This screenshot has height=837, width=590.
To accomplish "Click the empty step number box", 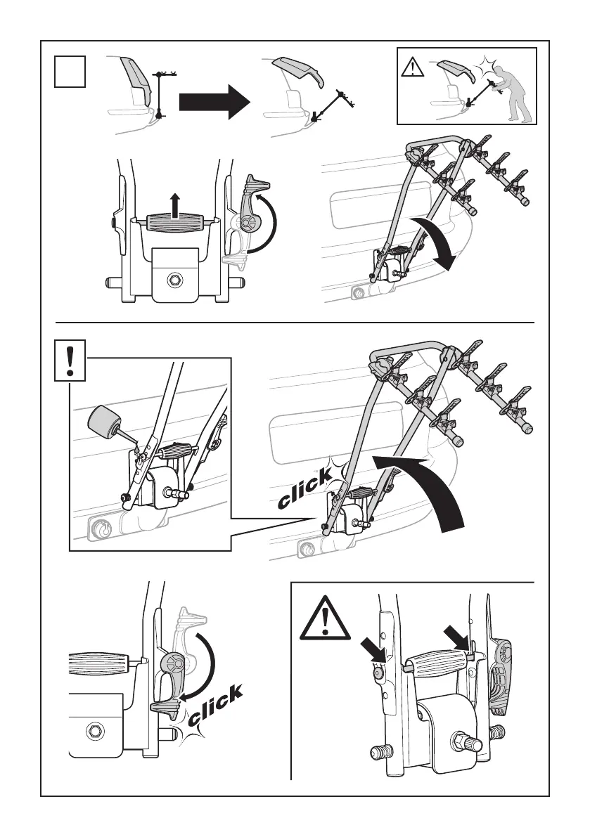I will click(71, 72).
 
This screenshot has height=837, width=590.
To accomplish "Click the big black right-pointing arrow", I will click(214, 103).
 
